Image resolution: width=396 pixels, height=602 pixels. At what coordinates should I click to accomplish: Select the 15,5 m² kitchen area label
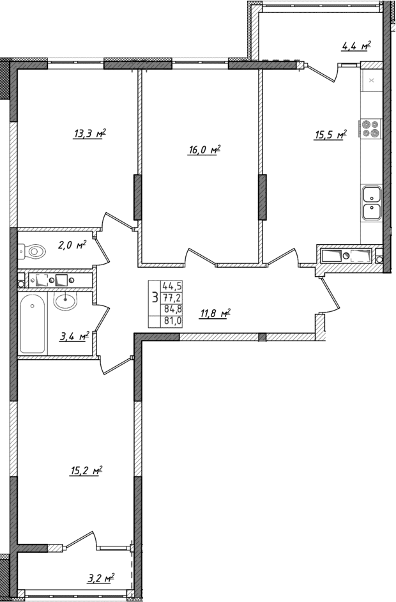(x=330, y=134)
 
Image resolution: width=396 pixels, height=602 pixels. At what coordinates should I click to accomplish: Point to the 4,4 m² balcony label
(x=356, y=45)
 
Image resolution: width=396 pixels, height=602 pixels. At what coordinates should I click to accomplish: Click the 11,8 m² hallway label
(x=215, y=313)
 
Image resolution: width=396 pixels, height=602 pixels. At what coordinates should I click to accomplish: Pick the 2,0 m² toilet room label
(x=72, y=244)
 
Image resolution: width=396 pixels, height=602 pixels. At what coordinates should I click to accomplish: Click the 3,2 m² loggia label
(x=100, y=578)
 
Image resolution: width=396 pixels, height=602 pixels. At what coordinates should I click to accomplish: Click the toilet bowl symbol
(x=33, y=252)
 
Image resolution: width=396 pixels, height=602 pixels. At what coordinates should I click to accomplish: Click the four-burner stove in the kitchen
(x=370, y=129)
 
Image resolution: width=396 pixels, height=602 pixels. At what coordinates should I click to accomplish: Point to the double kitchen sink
(x=371, y=202)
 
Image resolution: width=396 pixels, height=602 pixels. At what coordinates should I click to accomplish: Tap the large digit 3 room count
(x=155, y=298)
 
